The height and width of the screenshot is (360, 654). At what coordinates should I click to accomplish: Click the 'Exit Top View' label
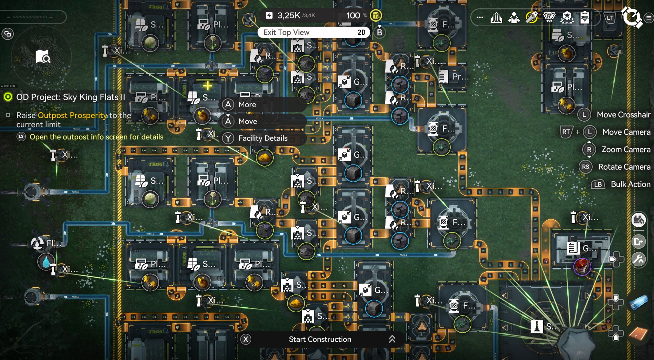286,33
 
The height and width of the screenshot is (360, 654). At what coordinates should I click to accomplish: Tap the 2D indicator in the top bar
361,33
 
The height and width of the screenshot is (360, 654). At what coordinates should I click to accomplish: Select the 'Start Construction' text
320,339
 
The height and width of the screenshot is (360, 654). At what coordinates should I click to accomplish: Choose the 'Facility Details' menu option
263,138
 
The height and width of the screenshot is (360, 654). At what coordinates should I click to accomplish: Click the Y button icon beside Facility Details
228,138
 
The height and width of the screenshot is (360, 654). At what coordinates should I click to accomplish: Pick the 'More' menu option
247,104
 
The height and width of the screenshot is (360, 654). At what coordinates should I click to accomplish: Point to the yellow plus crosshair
207,86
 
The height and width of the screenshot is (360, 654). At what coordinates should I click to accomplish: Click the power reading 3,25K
288,15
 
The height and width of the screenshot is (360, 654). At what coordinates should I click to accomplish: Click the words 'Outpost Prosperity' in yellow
73,115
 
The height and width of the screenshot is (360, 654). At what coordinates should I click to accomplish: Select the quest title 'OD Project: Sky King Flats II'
70,97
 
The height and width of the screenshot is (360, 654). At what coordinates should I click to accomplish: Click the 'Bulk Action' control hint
630,184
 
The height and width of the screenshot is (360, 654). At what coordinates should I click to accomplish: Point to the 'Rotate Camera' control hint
624,167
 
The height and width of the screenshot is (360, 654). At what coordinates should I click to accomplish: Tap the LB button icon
598,184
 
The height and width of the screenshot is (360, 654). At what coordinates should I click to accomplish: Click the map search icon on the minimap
43,56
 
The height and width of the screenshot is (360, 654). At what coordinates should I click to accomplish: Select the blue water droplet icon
46,262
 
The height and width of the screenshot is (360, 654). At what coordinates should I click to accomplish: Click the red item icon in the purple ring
582,266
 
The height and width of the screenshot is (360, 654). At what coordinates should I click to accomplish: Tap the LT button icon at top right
610,18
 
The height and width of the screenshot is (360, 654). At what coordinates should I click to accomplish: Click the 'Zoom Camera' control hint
626,150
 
